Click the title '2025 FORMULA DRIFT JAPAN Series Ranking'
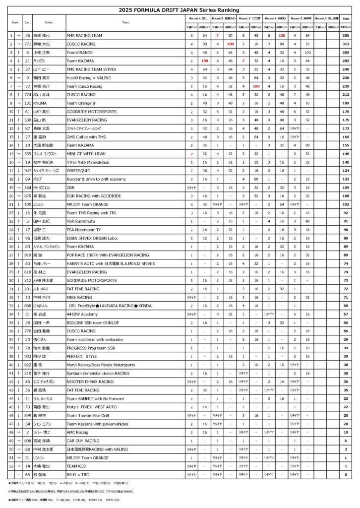point(180,10)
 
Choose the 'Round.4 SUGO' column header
point(276,18)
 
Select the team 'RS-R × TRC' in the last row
point(78,474)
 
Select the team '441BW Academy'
point(80,315)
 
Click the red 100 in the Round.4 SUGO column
point(282,36)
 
